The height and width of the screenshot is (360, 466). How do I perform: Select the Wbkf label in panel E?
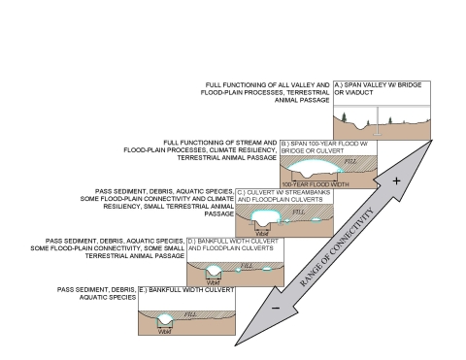[164, 332]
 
